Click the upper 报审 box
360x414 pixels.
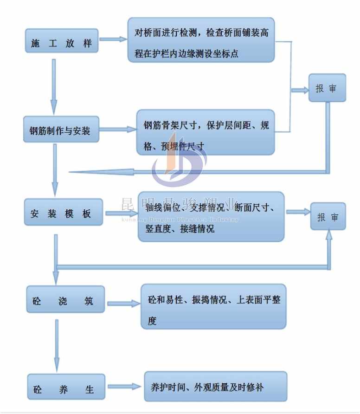pyautogui.click(x=328, y=88)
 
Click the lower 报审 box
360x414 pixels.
pyautogui.click(x=328, y=216)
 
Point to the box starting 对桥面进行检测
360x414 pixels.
pyautogui.click(x=201, y=40)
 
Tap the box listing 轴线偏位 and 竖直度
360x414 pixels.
pyautogui.click(x=211, y=217)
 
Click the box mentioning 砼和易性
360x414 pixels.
pyautogui.click(x=213, y=307)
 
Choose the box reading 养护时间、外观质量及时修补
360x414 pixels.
pyautogui.click(x=215, y=387)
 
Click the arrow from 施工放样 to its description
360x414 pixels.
pyautogui.click(x=113, y=39)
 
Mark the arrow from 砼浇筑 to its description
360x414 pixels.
pyautogui.click(x=123, y=304)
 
